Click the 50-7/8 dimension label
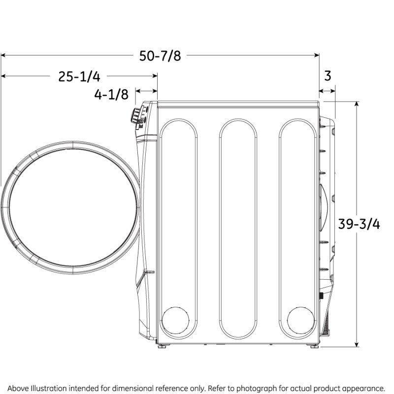160,56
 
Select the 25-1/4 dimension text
79,76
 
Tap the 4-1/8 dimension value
111,94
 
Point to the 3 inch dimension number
328,76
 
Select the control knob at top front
134,116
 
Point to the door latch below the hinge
148,272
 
